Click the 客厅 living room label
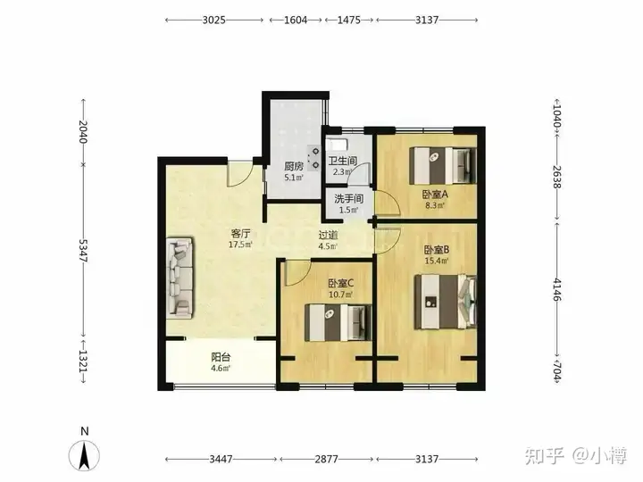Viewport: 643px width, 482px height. (241, 234)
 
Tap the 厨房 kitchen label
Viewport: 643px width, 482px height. (294, 166)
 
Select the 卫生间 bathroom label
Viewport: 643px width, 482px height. (343, 161)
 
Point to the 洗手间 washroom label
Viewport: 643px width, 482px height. (348, 199)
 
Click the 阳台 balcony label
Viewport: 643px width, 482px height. (221, 357)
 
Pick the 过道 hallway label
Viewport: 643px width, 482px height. (328, 236)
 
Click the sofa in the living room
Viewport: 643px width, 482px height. (180, 278)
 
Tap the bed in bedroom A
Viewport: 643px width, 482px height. (443, 166)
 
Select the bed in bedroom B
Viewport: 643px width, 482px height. (446, 302)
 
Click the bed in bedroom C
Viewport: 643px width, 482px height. (338, 322)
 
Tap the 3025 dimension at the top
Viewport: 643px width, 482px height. (214, 20)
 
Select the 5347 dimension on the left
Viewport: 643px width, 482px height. (83, 251)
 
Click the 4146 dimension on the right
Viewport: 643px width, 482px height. (557, 289)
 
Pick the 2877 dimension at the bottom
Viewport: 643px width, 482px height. (327, 459)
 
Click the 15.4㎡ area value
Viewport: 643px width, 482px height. (437, 261)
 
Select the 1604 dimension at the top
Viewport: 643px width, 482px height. (296, 20)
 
